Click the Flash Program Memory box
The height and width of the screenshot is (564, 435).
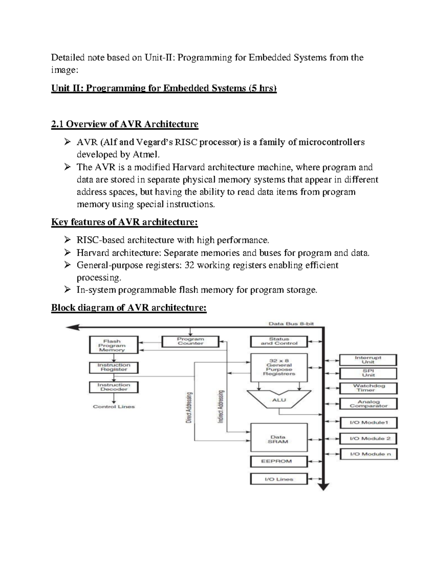pos(114,345)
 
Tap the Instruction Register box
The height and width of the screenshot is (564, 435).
pos(114,368)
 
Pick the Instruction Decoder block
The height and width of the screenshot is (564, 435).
pos(114,387)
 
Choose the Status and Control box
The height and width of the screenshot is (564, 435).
pos(279,341)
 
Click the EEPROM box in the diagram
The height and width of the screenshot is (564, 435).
pos(279,461)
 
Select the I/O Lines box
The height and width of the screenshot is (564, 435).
pos(279,479)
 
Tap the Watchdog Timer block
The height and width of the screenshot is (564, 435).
pos(368,388)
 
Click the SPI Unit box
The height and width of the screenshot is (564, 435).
pos(368,373)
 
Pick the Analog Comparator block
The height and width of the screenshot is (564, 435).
pos(368,404)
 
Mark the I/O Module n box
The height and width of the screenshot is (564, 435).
pos(368,454)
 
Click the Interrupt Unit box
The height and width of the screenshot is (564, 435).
pos(368,360)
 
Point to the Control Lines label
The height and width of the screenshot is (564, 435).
pos(114,407)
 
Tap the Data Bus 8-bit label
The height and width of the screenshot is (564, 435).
pos(291,324)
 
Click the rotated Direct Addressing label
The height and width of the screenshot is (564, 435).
pos(189,407)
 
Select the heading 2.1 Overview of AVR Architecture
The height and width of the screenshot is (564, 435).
pos(125,125)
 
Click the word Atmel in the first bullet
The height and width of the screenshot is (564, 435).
pos(146,155)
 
